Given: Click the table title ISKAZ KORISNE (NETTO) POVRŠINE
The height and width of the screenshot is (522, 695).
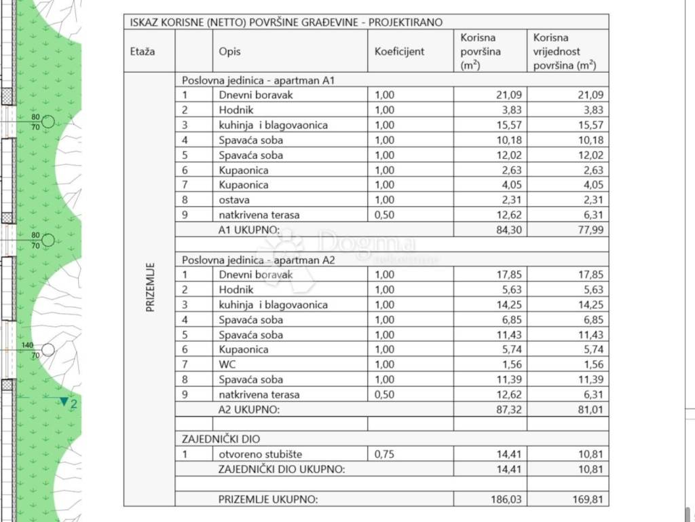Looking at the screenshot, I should pyautogui.click(x=286, y=22).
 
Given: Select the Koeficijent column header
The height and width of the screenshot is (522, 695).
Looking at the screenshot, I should pyautogui.click(x=399, y=51).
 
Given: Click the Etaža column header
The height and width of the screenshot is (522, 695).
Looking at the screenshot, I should pyautogui.click(x=142, y=51).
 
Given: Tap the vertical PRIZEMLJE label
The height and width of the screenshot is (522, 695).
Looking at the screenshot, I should pyautogui.click(x=150, y=288).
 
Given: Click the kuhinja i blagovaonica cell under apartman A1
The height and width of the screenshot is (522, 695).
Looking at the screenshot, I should pyautogui.click(x=274, y=125).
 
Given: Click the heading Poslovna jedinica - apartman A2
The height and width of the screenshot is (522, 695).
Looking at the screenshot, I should pyautogui.click(x=259, y=260).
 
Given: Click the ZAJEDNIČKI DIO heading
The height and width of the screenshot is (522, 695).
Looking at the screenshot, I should pyautogui.click(x=221, y=439).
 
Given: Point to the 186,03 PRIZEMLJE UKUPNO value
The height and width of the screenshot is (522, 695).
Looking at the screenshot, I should pyautogui.click(x=506, y=499).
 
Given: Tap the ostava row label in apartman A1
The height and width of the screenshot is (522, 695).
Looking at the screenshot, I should pyautogui.click(x=234, y=200).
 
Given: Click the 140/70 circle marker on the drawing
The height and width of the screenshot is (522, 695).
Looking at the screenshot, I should pyautogui.click(x=48, y=349).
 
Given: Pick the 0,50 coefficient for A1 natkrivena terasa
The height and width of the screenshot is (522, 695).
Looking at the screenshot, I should pyautogui.click(x=384, y=215).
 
